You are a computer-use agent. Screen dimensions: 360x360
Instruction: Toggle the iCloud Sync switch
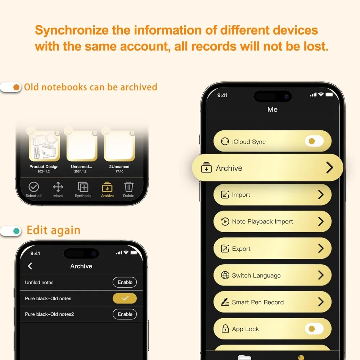(x=314, y=141)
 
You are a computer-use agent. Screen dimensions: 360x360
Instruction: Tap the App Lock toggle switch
(x=314, y=329)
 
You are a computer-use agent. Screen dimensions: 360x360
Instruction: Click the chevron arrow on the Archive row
(x=330, y=167)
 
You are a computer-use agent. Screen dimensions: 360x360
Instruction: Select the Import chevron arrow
(x=321, y=195)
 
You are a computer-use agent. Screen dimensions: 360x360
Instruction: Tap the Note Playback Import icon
(x=225, y=221)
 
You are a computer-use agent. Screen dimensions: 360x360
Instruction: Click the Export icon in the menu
(x=225, y=248)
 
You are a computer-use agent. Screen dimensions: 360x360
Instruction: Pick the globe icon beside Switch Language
(x=225, y=275)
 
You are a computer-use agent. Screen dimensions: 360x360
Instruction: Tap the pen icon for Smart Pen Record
(x=225, y=302)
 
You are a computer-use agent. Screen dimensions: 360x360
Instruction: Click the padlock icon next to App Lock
(x=225, y=329)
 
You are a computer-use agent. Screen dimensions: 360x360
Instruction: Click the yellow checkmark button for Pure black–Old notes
(x=125, y=298)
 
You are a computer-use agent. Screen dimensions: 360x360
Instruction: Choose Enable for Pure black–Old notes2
(x=125, y=314)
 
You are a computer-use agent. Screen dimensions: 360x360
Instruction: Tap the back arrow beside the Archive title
(x=30, y=266)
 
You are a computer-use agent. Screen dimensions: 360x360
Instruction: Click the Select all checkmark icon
(x=33, y=187)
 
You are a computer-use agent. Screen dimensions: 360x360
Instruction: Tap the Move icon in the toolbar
(x=58, y=187)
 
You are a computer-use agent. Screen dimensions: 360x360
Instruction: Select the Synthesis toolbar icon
(x=83, y=187)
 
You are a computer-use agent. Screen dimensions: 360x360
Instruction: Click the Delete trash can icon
(x=129, y=186)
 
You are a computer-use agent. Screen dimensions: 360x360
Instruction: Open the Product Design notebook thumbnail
(x=45, y=145)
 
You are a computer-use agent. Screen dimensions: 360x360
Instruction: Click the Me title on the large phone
(x=273, y=109)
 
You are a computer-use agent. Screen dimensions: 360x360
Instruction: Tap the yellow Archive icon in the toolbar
(x=107, y=187)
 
